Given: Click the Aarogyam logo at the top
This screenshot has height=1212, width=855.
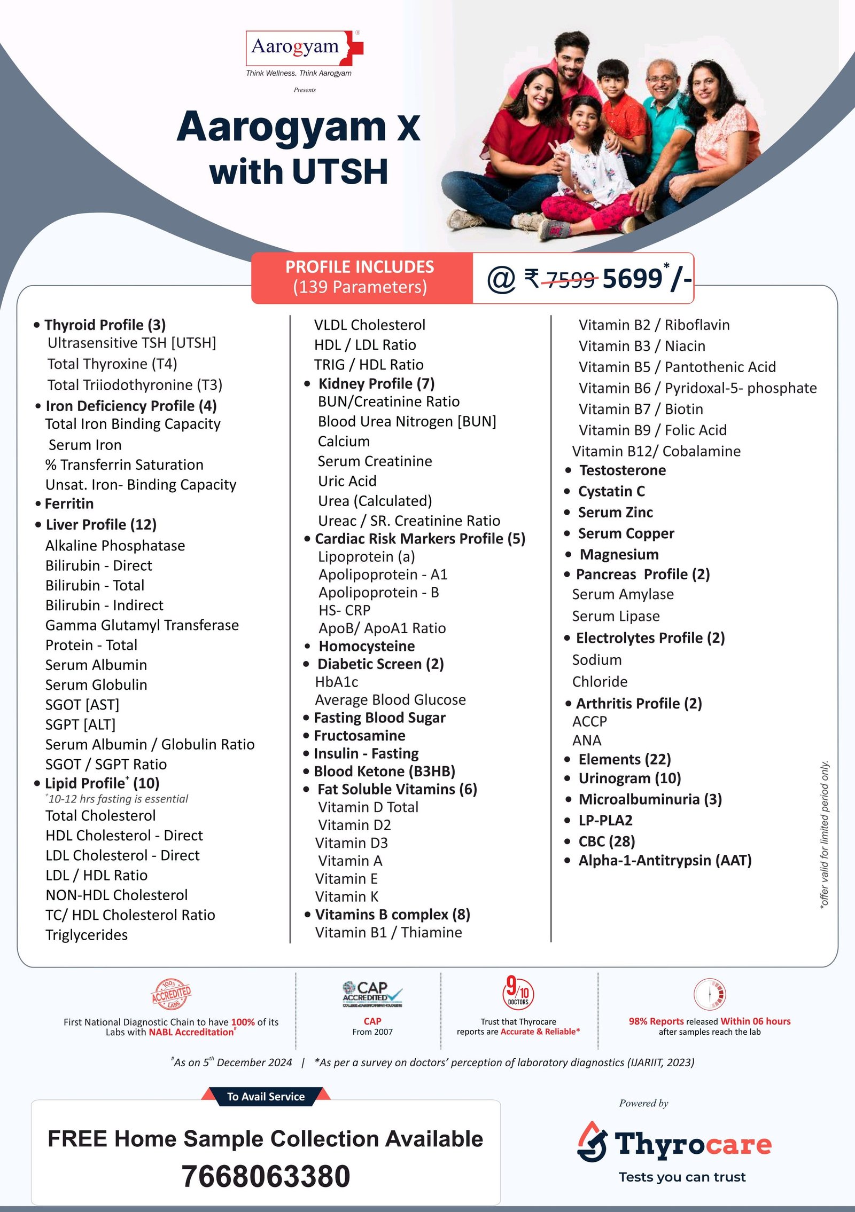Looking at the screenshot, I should click(x=302, y=48).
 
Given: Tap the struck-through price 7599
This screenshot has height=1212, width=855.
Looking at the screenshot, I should click(x=570, y=279).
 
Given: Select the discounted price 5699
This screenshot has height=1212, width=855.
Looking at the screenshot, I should click(x=632, y=279).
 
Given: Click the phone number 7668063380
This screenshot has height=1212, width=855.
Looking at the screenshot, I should click(x=266, y=1176).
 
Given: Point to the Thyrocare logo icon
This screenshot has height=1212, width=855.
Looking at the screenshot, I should click(x=593, y=1142).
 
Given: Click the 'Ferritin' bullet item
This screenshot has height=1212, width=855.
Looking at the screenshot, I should click(x=69, y=503).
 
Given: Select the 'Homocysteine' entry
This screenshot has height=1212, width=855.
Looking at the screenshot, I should click(x=367, y=646).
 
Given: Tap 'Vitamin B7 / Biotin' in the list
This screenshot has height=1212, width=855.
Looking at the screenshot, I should click(x=641, y=409).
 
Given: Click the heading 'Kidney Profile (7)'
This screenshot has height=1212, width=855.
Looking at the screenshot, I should click(x=376, y=383).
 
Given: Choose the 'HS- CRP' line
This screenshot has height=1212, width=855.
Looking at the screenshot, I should click(x=344, y=610).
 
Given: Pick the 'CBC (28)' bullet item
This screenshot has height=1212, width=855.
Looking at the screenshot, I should click(x=607, y=841).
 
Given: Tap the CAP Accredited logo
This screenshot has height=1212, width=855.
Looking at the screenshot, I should click(x=372, y=994).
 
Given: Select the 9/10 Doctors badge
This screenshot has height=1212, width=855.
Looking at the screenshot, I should click(x=518, y=992).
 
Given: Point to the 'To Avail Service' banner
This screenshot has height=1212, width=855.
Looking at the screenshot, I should click(x=266, y=1096).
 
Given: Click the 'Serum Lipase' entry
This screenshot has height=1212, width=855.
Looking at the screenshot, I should click(x=616, y=616).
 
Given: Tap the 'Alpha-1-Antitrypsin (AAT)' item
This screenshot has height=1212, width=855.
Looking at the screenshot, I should click(x=665, y=860).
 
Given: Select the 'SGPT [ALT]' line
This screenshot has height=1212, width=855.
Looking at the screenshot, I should click(x=80, y=725).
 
